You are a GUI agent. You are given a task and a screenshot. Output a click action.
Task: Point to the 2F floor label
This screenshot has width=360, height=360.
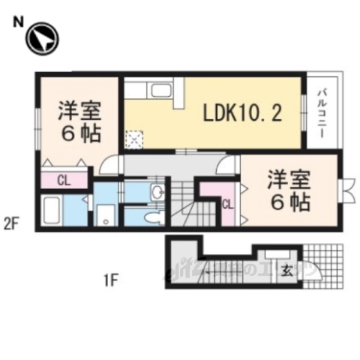10,222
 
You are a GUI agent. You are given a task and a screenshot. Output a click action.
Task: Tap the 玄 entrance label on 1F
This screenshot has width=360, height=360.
287,271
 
